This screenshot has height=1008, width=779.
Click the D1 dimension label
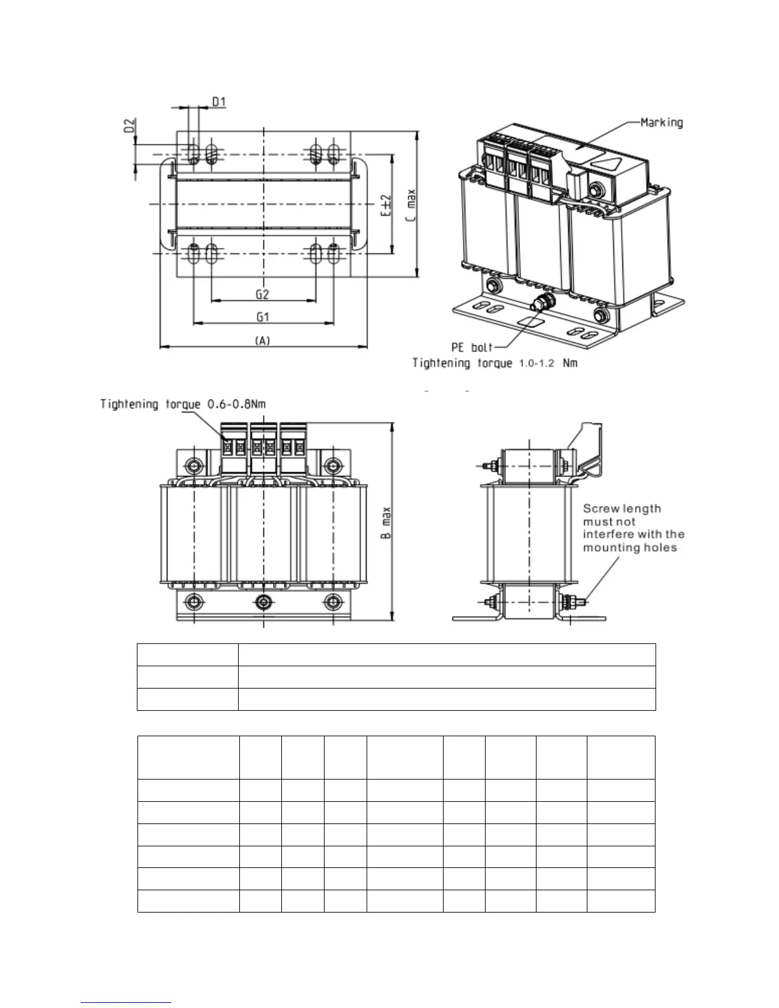click(219, 101)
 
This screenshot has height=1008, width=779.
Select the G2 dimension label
click(262, 294)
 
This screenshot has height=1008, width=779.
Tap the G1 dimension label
click(262, 316)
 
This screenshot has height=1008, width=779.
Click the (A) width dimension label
click(262, 341)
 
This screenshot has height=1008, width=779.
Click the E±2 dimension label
click(386, 206)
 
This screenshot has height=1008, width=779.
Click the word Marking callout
click(661, 122)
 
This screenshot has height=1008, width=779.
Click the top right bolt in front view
click(330, 465)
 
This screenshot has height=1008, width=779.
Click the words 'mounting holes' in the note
click(630, 548)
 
